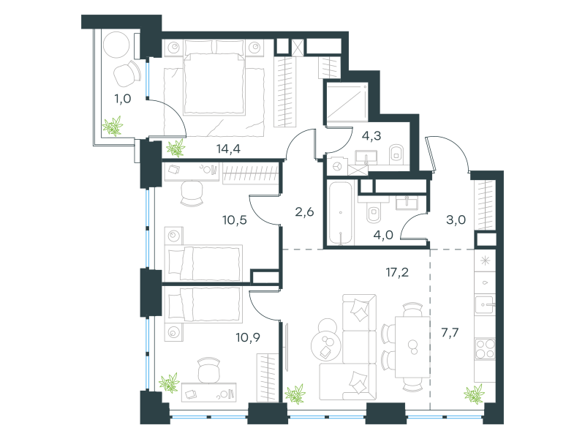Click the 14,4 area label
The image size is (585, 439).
tap(228, 149)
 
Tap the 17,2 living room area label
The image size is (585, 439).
tap(397, 272)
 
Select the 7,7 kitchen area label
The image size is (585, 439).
tap(450, 332)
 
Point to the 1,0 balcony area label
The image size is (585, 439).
tap(122, 99)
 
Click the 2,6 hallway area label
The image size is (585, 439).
tap(304, 212)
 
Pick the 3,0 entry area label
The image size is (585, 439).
tap(456, 220)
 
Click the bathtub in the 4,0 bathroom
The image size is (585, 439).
tap(341, 213)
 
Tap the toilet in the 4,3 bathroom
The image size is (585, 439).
tap(396, 154)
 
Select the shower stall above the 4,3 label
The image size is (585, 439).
tap(347, 102)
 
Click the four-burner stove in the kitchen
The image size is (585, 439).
tap(485, 349)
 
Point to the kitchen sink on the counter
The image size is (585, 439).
tap(485, 304)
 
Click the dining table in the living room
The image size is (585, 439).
tap(412, 347)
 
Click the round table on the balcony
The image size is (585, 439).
tap(116, 45)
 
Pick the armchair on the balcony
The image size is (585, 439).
tap(127, 74)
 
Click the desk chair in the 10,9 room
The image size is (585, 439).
tap(209, 369)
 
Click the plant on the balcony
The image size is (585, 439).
tap(113, 126)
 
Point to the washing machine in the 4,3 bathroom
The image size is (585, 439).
tap(337, 166)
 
